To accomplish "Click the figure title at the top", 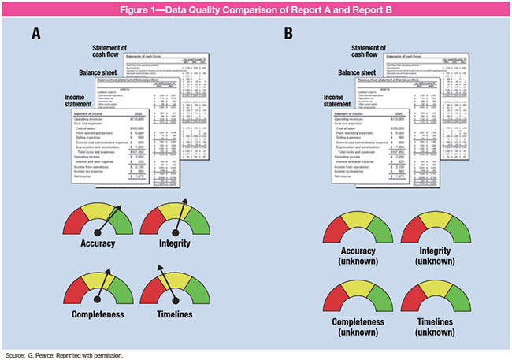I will [x=255, y=9].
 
